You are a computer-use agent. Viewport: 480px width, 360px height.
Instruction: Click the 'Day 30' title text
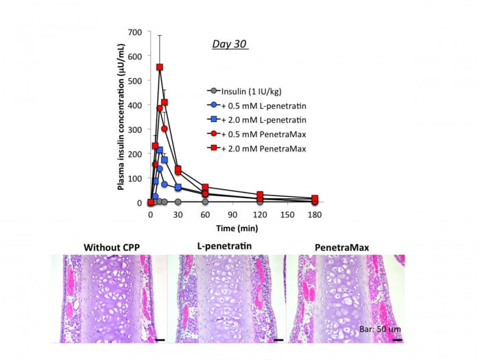(x=228, y=45)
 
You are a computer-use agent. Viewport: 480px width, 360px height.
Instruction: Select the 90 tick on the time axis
(x=232, y=213)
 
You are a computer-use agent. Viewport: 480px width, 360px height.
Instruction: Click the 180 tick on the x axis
(x=315, y=213)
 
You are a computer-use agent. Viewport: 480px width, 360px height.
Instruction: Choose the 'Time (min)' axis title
(x=232, y=227)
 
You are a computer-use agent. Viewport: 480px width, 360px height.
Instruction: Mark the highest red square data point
(x=160, y=67)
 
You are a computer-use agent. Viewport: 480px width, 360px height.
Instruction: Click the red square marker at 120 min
(x=260, y=195)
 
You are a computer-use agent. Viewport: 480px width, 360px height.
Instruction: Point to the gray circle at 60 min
(x=205, y=202)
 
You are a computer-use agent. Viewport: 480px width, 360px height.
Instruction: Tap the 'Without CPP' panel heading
(x=109, y=248)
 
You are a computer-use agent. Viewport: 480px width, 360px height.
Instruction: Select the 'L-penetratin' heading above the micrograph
(x=226, y=248)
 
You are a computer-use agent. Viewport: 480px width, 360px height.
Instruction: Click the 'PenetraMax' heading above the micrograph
(x=345, y=248)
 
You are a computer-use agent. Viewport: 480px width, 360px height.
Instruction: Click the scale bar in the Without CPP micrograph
(x=160, y=338)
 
